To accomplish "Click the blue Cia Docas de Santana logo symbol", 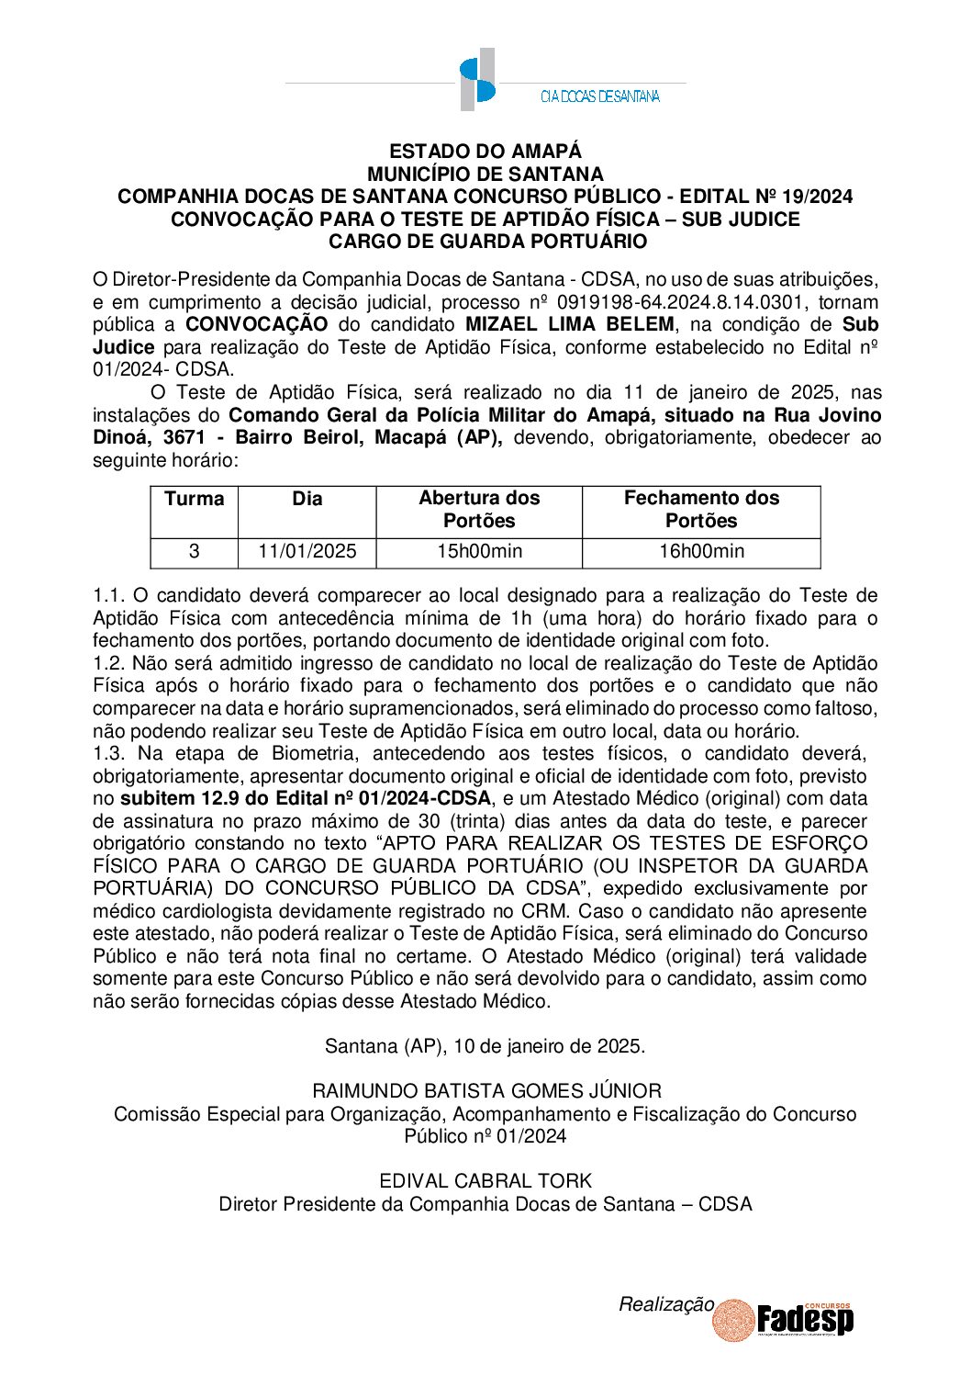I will tap(477, 80).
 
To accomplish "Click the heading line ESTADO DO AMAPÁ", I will tap(485, 152).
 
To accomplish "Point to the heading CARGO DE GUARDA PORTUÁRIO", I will tap(487, 242).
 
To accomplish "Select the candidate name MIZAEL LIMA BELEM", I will tap(570, 324).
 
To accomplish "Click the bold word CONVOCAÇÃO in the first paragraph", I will tap(256, 324).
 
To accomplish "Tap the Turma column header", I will tap(194, 499).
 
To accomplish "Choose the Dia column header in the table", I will tap(307, 499).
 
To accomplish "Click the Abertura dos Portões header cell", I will tap(479, 510).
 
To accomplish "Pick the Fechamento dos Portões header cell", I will tap(701, 510).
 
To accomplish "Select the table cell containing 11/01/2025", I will tap(307, 552).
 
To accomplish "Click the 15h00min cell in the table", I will tap(479, 552).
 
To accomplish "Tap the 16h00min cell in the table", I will tap(701, 552).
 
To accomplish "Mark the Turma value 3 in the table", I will tap(194, 552).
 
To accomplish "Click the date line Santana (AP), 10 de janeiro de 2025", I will tap(485, 1046).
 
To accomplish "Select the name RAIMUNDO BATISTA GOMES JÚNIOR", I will tap(486, 1091).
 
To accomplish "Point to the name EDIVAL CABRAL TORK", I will tap(485, 1181).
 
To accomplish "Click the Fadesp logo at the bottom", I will tap(804, 1321).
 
